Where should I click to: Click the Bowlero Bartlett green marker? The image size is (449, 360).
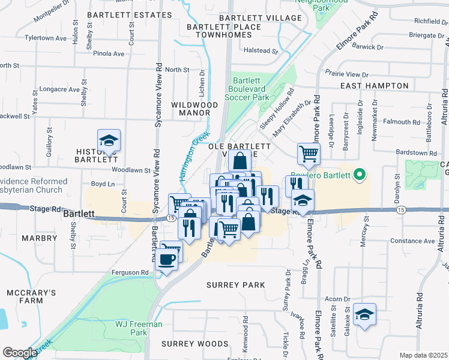coord(360,176)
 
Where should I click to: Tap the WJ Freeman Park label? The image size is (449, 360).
coord(139,328)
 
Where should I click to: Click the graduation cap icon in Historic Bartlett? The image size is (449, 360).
coord(109,140)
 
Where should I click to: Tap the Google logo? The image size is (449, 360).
coord(20,353)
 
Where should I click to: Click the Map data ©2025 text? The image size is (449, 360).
coord(423,355)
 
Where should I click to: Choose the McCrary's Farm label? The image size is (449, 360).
coord(31,298)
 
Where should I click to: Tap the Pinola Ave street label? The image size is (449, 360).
coord(109,53)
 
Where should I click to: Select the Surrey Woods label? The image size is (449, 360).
coord(195,344)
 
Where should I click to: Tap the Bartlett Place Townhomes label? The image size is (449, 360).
coord(223,31)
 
